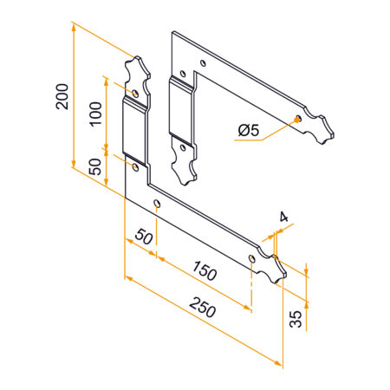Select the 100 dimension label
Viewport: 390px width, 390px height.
pyautogui.click(x=95, y=113)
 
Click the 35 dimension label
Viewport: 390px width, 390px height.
pyautogui.click(x=296, y=318)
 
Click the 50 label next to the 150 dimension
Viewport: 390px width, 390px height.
pyautogui.click(x=143, y=237)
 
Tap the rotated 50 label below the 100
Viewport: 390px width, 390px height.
pyautogui.click(x=95, y=166)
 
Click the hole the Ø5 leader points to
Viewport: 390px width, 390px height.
pyautogui.click(x=298, y=119)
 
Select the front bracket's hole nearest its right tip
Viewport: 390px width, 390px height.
pyautogui.click(x=252, y=259)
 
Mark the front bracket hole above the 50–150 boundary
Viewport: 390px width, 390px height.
pyautogui.click(x=157, y=205)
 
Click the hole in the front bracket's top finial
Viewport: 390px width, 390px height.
pyautogui.click(x=136, y=91)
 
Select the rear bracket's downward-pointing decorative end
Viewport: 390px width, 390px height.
pyautogui.click(x=185, y=165)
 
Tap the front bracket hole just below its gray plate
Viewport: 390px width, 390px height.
pyautogui.click(x=135, y=162)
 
